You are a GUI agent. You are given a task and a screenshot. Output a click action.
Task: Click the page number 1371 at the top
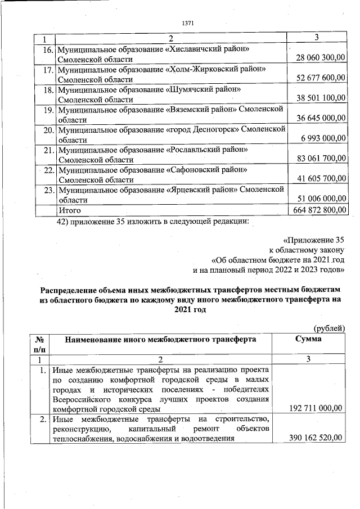(x=188, y=24)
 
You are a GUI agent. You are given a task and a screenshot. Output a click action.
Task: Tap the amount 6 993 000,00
(x=324, y=139)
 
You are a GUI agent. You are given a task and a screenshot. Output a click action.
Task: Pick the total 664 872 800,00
(x=318, y=210)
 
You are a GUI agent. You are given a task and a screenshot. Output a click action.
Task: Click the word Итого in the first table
(x=70, y=210)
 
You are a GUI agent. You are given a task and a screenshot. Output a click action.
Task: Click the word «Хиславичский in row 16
(x=194, y=49)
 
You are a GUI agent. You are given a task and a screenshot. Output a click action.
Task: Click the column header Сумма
(x=309, y=340)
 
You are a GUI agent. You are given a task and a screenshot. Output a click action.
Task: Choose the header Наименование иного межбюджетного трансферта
(x=160, y=340)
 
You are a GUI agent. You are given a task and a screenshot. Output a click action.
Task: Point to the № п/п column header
(x=39, y=344)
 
